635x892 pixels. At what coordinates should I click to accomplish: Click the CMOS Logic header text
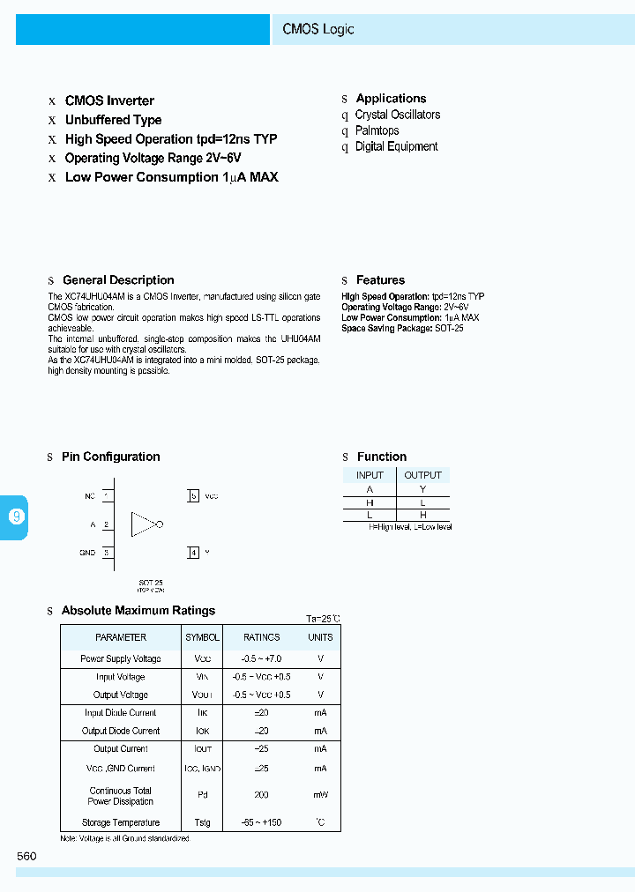pos(318,29)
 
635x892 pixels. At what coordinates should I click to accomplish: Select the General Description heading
pos(118,280)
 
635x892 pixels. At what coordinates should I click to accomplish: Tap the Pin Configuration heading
pos(111,457)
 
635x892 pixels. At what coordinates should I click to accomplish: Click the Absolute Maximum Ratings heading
pos(138,610)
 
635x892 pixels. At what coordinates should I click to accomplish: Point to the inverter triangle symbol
pos(144,524)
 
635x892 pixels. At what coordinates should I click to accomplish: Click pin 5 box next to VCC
pos(193,496)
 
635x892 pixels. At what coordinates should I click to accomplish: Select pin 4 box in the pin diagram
pos(193,553)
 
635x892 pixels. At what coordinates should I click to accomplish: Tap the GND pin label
pos(87,553)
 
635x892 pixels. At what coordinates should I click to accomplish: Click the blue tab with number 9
pos(16,517)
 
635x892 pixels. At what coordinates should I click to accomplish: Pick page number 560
pos(26,856)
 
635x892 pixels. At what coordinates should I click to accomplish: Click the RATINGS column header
pos(262,637)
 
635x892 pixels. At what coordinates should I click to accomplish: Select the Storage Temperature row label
pos(121,822)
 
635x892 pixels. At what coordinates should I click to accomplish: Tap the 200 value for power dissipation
pos(262,795)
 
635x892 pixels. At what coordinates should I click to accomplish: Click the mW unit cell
pos(320,795)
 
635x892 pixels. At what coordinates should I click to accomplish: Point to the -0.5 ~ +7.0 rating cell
pos(262,658)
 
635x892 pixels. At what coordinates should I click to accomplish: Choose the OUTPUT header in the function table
pos(423,475)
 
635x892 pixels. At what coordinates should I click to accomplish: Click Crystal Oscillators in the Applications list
pos(397,115)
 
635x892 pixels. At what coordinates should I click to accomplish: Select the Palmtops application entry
pos(377,130)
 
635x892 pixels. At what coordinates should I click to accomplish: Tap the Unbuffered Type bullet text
pos(113,120)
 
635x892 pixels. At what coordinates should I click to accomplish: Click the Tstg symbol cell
pos(203,822)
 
